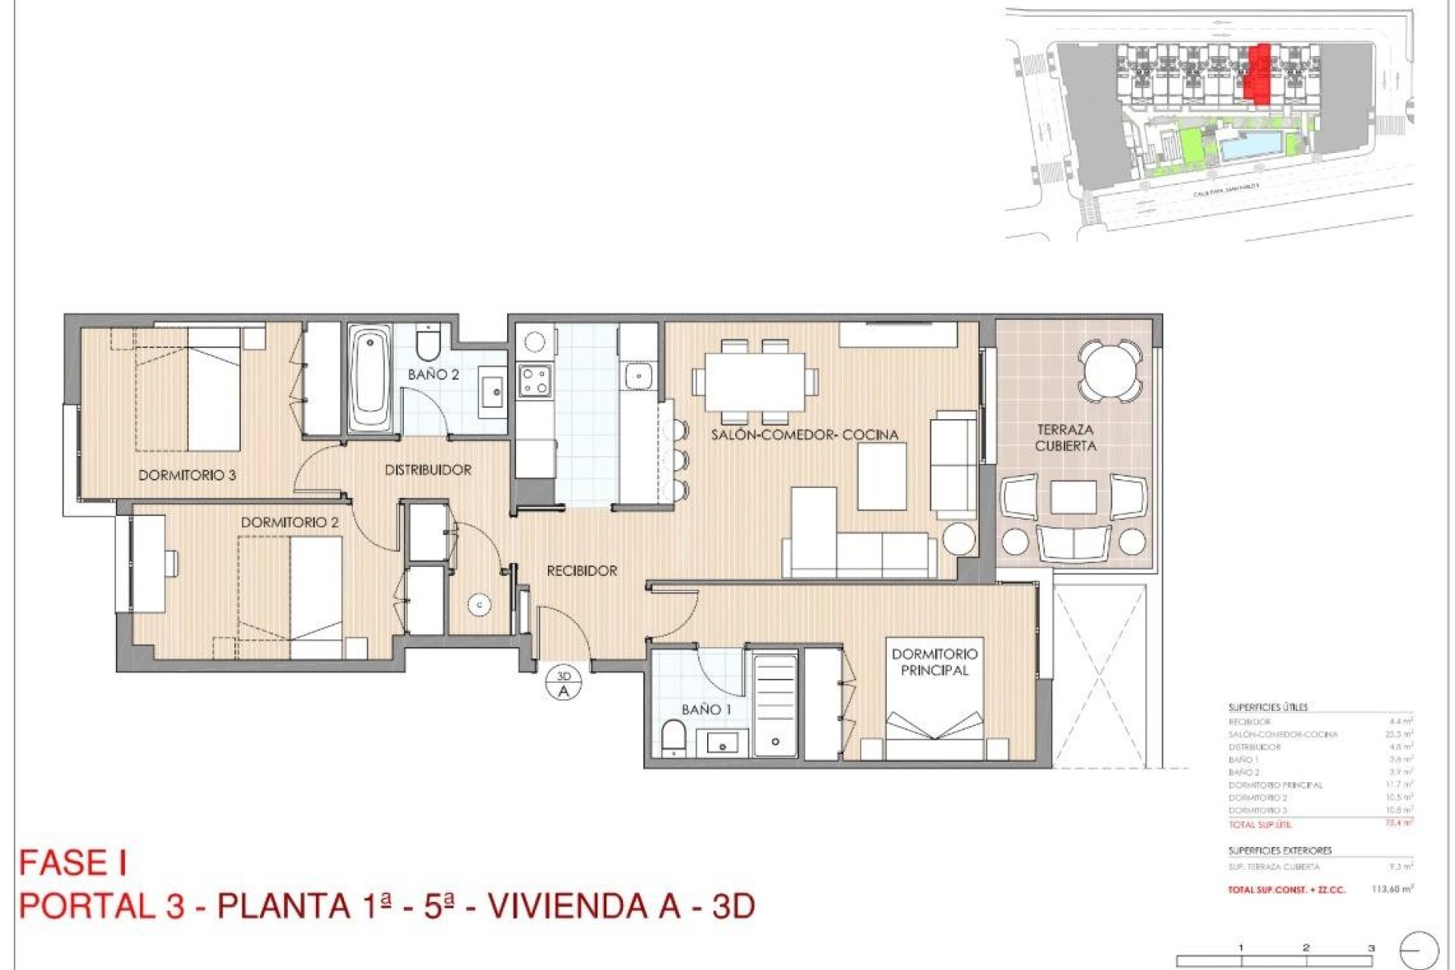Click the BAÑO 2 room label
[433, 374]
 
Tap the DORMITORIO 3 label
[186, 475]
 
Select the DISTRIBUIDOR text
[427, 470]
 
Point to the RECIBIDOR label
[581, 571]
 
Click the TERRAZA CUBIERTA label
[1065, 438]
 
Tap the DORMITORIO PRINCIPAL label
[934, 662]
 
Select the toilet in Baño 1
[672, 738]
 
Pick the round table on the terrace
[1110, 371]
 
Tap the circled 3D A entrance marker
[563, 684]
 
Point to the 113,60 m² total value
[1392, 889]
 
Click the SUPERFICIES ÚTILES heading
[1268, 707]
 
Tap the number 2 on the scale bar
[1306, 947]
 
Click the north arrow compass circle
[1419, 950]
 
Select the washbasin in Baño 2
[493, 392]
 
